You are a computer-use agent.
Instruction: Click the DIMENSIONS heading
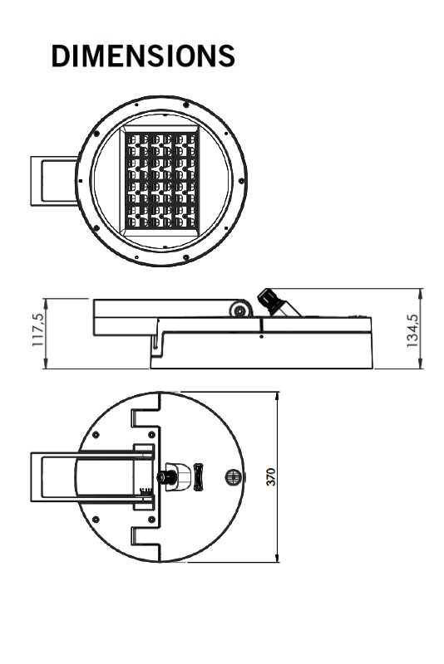143,56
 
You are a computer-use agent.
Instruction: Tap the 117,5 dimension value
38,330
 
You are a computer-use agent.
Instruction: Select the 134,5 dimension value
412,330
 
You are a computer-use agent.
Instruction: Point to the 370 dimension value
270,476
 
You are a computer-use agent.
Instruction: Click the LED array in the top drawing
161,181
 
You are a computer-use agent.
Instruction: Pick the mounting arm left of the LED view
53,181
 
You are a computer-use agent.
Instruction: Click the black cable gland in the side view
269,300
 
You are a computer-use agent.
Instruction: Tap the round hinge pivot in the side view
241,310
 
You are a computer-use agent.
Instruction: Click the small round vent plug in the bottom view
233,476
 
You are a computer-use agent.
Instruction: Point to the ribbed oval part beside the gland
199,476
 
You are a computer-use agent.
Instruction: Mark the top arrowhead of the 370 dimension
278,396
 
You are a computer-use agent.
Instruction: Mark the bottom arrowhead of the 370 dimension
278,558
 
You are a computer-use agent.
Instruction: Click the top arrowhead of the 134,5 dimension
421,293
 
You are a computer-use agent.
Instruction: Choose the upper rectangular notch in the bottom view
146,418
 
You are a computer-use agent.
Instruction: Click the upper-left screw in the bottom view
96,435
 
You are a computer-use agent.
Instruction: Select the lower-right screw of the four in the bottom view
151,520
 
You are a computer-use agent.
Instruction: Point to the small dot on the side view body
262,337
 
